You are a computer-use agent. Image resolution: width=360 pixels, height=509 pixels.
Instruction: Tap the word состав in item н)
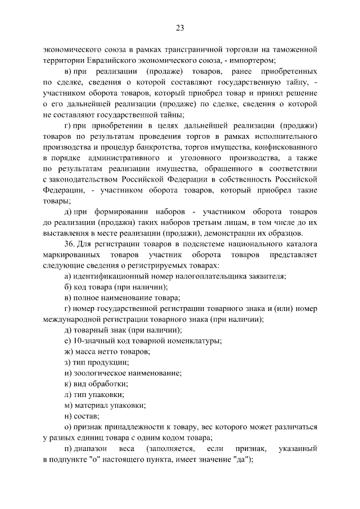pyautogui.click(x=87, y=416)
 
